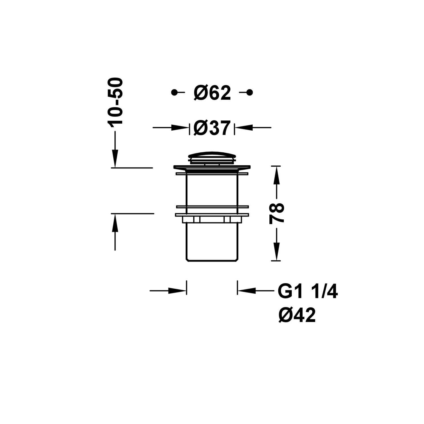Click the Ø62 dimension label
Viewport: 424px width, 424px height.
(x=212, y=92)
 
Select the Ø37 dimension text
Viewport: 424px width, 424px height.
(x=212, y=128)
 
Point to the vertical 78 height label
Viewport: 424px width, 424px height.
(x=276, y=213)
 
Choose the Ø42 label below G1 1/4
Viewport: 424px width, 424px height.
(x=297, y=315)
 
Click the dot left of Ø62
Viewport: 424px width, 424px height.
(x=174, y=92)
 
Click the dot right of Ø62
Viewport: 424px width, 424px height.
(x=249, y=92)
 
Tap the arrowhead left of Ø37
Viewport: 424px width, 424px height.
(x=180, y=128)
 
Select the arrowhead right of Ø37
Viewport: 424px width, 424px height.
(x=244, y=128)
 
